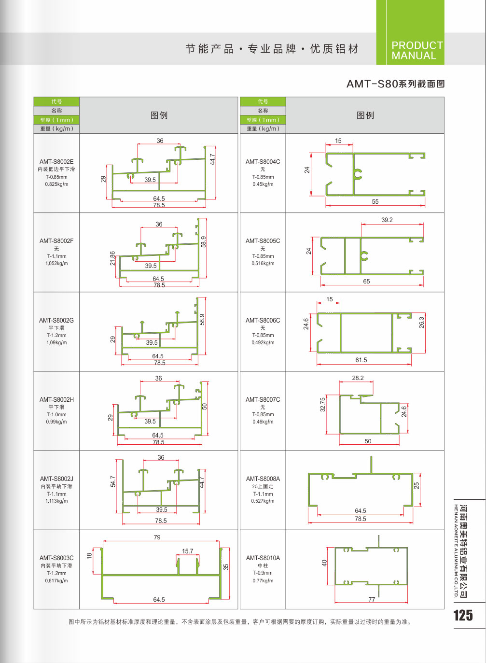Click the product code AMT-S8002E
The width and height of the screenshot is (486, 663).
(x=56, y=162)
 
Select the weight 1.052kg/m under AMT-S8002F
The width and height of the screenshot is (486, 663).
(x=56, y=264)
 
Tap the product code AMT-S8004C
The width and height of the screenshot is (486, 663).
(x=263, y=162)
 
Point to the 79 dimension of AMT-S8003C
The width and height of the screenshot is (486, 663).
(x=157, y=537)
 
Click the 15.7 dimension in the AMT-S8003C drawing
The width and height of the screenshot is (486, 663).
(x=188, y=551)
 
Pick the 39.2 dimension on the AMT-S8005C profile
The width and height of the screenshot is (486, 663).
(x=387, y=220)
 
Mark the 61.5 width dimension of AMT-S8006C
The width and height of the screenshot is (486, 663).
(x=361, y=360)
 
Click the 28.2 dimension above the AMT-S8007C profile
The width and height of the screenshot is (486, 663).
(x=358, y=378)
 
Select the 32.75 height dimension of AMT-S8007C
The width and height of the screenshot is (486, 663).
(x=323, y=404)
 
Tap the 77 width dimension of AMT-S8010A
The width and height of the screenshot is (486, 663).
(x=372, y=599)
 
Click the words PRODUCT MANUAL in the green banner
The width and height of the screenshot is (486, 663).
(x=417, y=50)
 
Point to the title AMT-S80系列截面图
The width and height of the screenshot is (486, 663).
(x=395, y=84)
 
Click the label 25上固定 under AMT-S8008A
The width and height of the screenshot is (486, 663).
(x=263, y=487)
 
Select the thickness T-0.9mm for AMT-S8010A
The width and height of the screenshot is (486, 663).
(x=263, y=573)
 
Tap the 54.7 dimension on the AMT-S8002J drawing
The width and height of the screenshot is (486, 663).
(x=113, y=481)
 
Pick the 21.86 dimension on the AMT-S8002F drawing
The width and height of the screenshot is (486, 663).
(x=112, y=258)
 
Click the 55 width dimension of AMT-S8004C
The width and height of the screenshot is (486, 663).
(x=375, y=201)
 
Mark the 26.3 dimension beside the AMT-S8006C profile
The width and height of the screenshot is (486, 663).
(x=421, y=323)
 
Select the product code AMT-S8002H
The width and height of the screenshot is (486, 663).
(x=56, y=399)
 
